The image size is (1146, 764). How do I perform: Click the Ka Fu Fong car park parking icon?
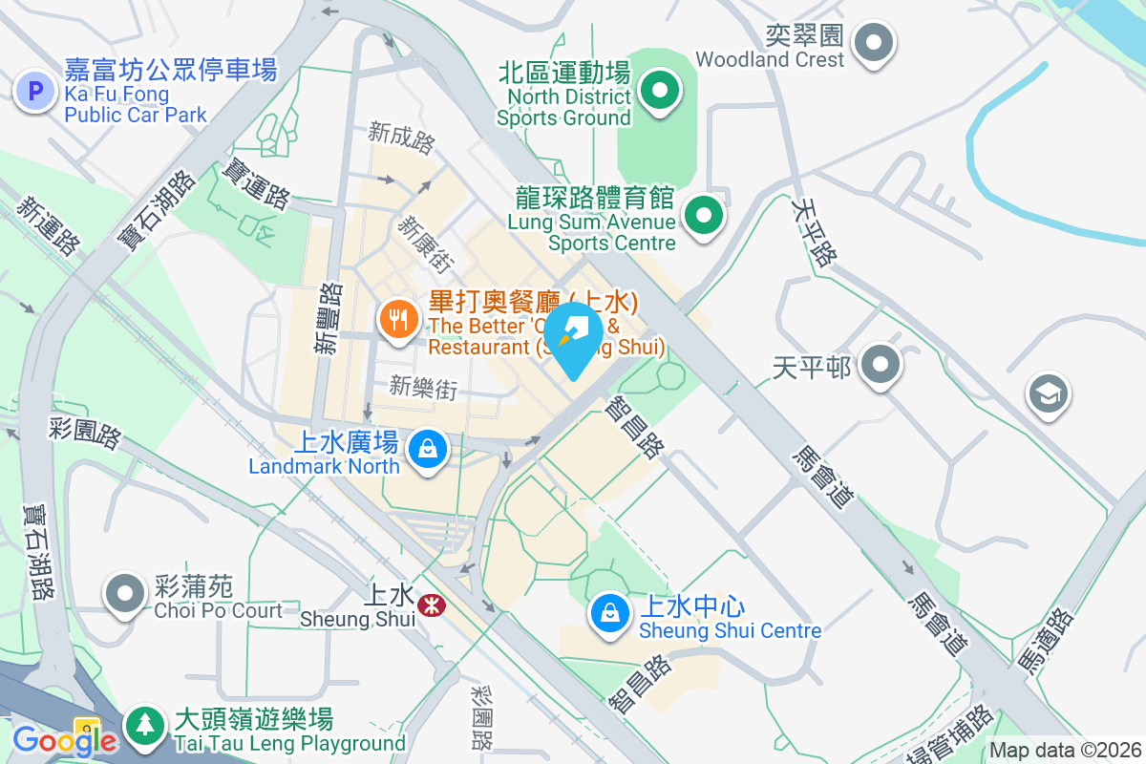click(35, 92)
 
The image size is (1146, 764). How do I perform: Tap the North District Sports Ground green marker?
click(659, 93)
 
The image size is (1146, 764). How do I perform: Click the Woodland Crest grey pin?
click(873, 43)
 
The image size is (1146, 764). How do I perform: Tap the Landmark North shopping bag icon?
click(427, 448)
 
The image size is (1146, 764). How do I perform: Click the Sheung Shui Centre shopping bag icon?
click(609, 613)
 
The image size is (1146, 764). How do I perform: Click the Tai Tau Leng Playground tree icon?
click(144, 725)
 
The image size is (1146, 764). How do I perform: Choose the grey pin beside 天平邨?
click(880, 365)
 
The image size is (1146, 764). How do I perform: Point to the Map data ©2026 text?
click(1065, 751)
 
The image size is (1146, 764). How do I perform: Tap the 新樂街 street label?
click(423, 387)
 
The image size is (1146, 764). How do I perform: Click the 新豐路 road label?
click(329, 319)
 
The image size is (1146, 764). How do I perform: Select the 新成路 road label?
click(402, 138)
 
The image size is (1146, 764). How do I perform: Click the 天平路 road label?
click(815, 231)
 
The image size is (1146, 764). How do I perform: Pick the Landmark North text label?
click(324, 466)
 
